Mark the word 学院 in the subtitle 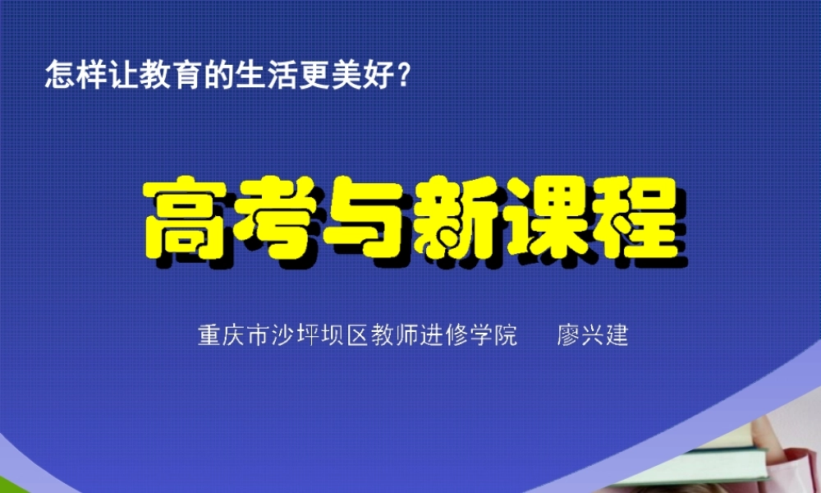(494, 337)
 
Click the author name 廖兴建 (593, 337)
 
